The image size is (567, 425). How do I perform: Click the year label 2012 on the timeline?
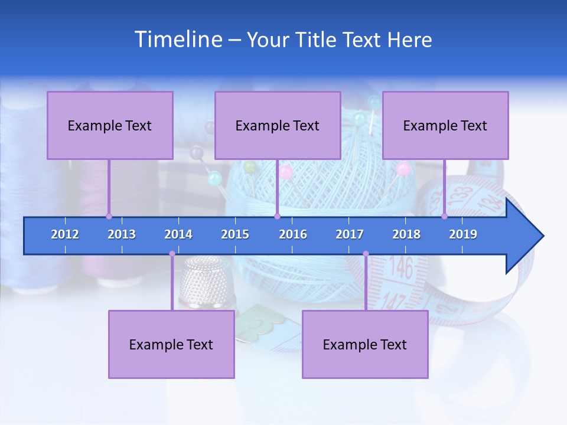point(65,234)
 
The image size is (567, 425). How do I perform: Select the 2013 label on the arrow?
point(122,234)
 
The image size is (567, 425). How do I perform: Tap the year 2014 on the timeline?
point(178,234)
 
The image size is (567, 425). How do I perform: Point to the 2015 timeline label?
point(235,234)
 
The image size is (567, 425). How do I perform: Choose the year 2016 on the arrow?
point(293,234)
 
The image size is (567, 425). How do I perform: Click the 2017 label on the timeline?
point(350,234)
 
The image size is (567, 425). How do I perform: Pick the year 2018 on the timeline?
point(406,234)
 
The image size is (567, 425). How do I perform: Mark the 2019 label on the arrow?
point(463,234)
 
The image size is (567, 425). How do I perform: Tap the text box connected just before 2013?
point(110,125)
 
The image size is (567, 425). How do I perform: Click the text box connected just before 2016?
point(278,125)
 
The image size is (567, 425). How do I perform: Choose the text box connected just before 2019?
point(445,125)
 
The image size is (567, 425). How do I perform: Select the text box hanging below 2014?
point(171,344)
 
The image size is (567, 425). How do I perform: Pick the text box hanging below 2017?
point(365,344)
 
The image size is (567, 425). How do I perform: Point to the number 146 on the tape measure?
point(400,269)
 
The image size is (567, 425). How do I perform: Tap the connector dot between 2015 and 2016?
point(277,216)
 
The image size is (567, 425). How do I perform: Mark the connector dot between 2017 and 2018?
point(366,254)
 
